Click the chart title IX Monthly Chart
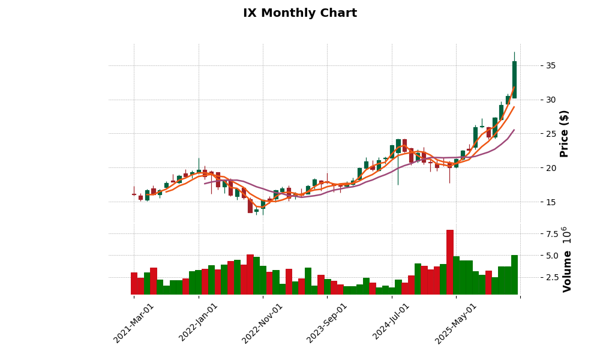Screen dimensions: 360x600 point(299,13)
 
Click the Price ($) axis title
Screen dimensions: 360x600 point(564,133)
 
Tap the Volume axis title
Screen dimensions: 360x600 point(567,259)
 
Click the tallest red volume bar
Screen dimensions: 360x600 point(449,262)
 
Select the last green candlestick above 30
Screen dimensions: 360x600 point(514,80)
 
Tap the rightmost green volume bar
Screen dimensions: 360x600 point(514,275)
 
